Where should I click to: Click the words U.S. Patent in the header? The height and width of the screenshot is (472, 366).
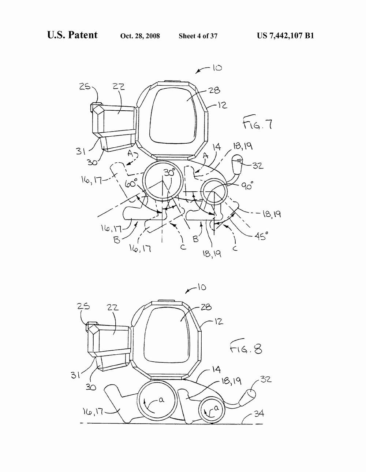72,35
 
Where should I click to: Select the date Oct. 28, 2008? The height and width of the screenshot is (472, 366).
140,36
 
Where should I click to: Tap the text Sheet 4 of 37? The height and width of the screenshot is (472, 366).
198,36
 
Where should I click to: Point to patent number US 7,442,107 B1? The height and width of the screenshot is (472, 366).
285,36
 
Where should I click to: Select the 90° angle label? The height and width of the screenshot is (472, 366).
247,185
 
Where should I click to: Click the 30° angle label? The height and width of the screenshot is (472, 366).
169,173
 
